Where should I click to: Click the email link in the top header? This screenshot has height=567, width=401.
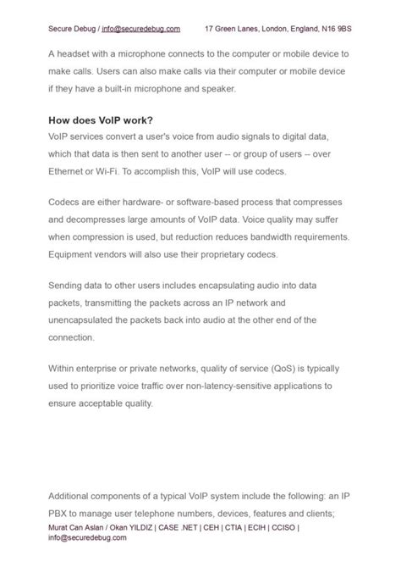[x=140, y=29]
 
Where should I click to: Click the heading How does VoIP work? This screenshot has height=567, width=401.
[x=101, y=120]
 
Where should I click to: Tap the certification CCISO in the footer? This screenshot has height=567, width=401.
[x=279, y=527]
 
